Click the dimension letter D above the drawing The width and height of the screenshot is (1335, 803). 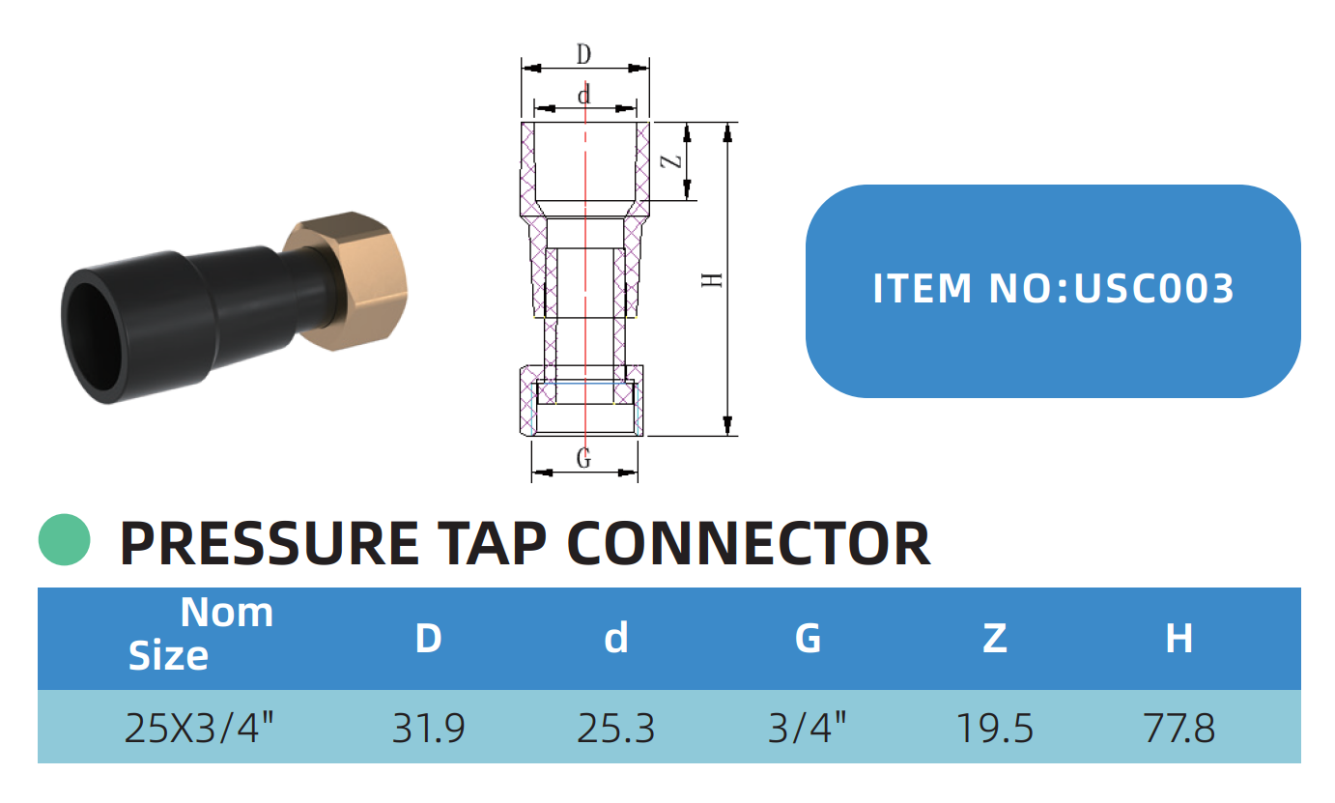(x=583, y=55)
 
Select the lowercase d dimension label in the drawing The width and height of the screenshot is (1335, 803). (x=583, y=95)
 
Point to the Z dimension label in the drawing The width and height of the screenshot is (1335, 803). (x=677, y=161)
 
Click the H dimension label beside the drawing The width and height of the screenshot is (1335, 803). (x=713, y=280)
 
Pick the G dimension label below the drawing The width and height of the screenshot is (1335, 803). (x=583, y=459)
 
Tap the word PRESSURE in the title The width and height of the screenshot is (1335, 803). (x=269, y=543)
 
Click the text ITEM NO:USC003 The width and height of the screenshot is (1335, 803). (x=1053, y=289)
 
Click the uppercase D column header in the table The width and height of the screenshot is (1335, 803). (x=428, y=638)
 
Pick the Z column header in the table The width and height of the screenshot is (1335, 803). (x=994, y=638)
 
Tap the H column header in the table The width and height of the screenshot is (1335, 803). (x=1179, y=638)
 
